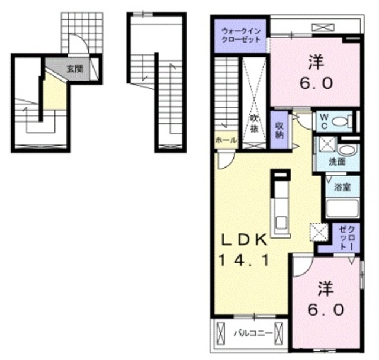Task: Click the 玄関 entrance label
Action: (75, 69)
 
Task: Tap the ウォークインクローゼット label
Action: (241, 36)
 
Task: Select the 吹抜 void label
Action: (254, 124)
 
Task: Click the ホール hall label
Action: (226, 140)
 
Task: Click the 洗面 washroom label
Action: (337, 162)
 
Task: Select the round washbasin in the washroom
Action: (347, 151)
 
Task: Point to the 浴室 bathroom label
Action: (342, 187)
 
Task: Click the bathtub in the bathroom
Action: (342, 208)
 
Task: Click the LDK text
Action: (245, 240)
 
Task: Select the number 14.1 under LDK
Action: (243, 261)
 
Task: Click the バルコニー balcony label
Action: (253, 334)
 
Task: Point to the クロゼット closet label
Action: (346, 237)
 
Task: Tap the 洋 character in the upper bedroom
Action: (316, 62)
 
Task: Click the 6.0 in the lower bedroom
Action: (325, 310)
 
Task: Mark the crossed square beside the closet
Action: (319, 232)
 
